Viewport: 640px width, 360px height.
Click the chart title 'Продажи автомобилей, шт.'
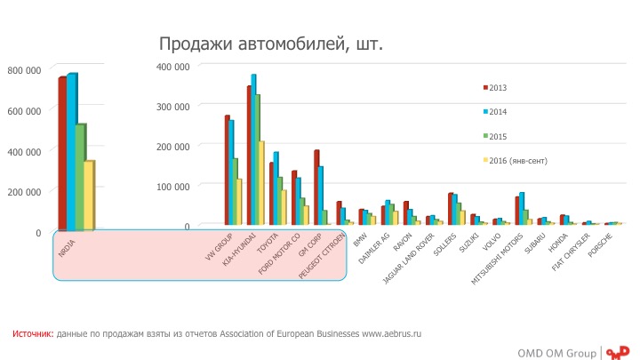pyautogui.click(x=270, y=44)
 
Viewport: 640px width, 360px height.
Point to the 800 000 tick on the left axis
pyautogui.click(x=24, y=70)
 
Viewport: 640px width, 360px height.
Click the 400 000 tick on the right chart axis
pyautogui.click(x=172, y=66)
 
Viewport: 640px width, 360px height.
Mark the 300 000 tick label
pyautogui.click(x=172, y=106)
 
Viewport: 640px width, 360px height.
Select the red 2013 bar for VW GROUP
pyautogui.click(x=228, y=170)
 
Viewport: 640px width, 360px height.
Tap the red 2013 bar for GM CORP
pyautogui.click(x=316, y=187)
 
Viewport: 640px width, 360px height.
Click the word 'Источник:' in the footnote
pyautogui.click(x=33, y=333)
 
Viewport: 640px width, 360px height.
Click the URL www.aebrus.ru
pyautogui.click(x=391, y=333)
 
